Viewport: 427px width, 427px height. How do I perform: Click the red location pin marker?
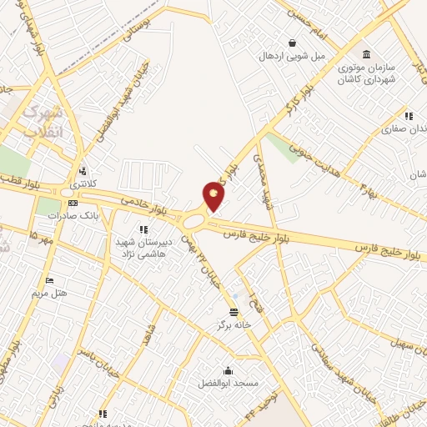[x=213, y=197]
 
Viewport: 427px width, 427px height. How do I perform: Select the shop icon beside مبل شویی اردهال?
[x=292, y=43]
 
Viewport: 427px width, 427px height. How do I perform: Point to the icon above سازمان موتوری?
[x=367, y=53]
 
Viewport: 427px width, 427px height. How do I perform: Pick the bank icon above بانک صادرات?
[x=73, y=203]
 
